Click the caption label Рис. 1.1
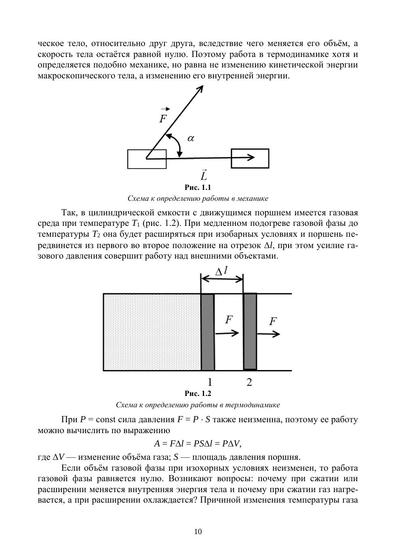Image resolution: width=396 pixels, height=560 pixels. pyautogui.click(x=198, y=187)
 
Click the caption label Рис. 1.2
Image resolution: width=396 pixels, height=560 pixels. pyautogui.click(x=198, y=394)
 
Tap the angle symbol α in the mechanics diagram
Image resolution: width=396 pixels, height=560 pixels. pyautogui.click(x=191, y=138)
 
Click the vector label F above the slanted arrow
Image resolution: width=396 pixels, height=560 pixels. pyautogui.click(x=163, y=118)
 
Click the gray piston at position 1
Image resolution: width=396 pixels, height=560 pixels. pyautogui.click(x=208, y=332)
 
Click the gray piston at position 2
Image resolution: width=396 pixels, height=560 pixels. pyautogui.click(x=250, y=331)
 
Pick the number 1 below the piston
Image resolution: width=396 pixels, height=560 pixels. pyautogui.click(x=210, y=382)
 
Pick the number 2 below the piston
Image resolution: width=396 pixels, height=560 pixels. pyautogui.click(x=249, y=382)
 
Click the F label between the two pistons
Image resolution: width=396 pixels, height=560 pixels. pyautogui.click(x=229, y=320)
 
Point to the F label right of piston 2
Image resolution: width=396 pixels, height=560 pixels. pyautogui.click(x=273, y=322)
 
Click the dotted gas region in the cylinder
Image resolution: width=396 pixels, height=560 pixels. pyautogui.click(x=152, y=332)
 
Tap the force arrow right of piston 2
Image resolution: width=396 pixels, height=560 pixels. pyautogui.click(x=268, y=334)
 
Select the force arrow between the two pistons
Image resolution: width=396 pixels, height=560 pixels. pyautogui.click(x=227, y=333)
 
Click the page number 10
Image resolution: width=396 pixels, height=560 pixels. pyautogui.click(x=198, y=532)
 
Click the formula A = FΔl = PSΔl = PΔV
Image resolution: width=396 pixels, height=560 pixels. pyautogui.click(x=198, y=444)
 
